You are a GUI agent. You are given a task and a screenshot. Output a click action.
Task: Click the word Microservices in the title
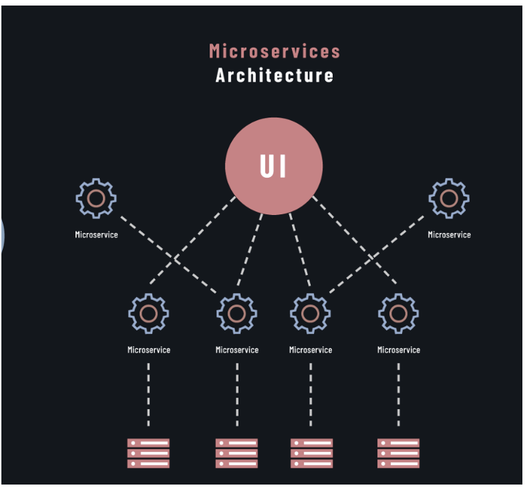coord(275,51)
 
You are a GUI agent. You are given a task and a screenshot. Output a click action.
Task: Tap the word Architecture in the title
coord(275,75)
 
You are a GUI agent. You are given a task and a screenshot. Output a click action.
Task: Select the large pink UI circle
coord(274,167)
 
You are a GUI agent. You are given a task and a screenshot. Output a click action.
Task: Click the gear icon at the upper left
coord(96,198)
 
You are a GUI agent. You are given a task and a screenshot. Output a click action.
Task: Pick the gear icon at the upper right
coord(449,198)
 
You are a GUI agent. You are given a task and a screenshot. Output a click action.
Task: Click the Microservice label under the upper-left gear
coord(96,235)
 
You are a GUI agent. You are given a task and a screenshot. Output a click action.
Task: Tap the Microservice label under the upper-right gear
coord(449,235)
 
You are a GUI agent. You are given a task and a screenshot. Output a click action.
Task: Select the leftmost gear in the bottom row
coord(149,314)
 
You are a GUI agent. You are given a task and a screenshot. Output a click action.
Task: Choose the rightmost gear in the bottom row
coord(399,314)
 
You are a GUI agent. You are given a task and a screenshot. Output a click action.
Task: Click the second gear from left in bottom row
coord(237,314)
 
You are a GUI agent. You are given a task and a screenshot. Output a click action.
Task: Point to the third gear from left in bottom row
coord(310,314)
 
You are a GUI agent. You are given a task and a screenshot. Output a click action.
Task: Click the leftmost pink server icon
coord(149,453)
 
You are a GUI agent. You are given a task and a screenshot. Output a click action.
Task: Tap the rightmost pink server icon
coord(399,453)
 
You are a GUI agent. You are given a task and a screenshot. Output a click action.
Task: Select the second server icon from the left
coord(237,453)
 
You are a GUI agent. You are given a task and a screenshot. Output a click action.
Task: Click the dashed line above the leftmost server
coord(149,394)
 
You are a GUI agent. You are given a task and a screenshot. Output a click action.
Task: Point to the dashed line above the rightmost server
coord(399,394)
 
